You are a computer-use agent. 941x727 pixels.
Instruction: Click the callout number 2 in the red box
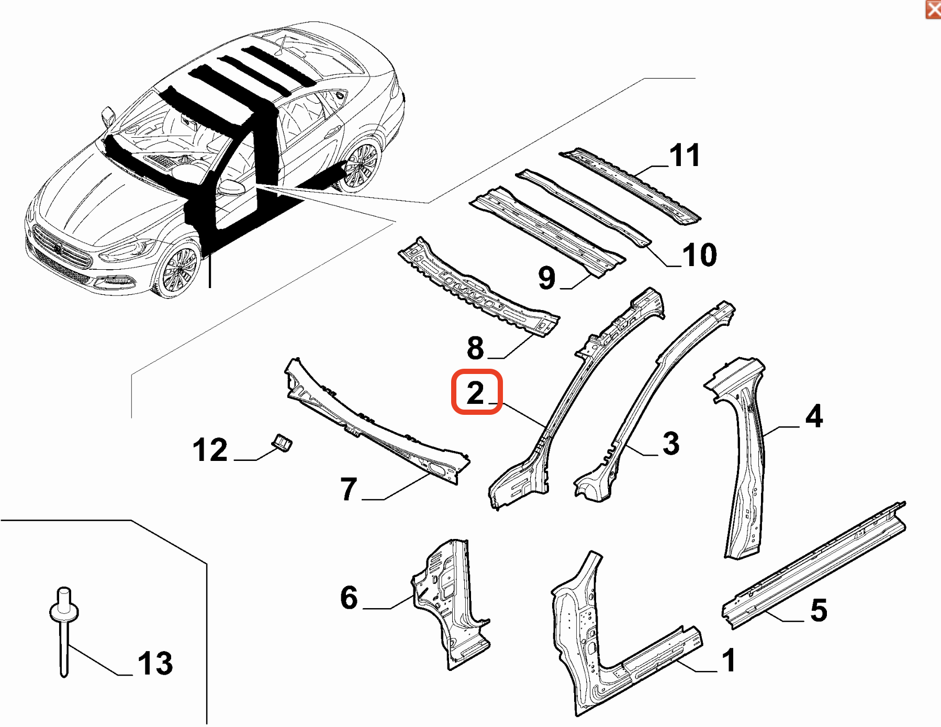click(476, 393)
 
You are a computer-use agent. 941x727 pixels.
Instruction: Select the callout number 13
click(155, 663)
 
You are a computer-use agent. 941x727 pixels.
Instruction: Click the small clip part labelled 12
click(282, 443)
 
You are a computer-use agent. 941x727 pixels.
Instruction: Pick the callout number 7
click(349, 489)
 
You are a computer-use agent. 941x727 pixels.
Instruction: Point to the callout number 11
click(685, 156)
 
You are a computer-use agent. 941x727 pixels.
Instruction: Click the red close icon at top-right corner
click(933, 9)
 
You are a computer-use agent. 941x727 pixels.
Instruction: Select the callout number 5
click(819, 610)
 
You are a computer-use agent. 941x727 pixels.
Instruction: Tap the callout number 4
click(814, 416)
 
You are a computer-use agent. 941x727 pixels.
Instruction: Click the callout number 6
click(349, 598)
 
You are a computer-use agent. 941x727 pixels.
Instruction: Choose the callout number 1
click(729, 660)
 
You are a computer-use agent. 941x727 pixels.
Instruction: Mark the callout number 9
click(546, 278)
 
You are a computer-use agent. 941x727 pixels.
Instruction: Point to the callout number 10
click(699, 255)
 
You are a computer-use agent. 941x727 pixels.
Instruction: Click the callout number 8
click(475, 348)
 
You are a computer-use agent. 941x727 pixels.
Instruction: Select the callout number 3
click(670, 444)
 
